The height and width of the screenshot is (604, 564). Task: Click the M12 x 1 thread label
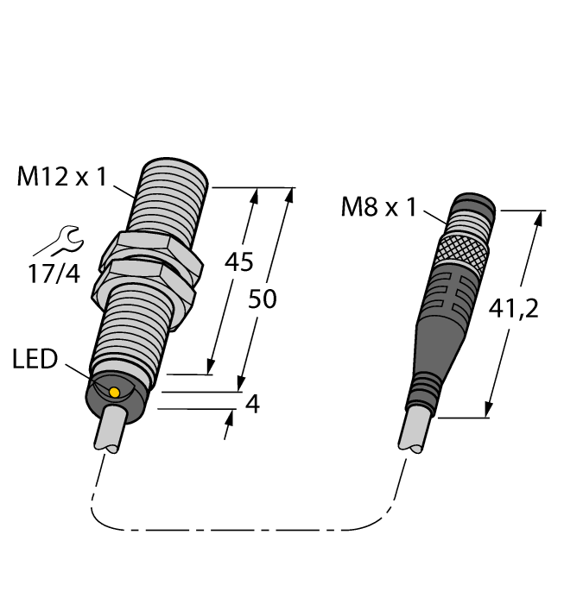61,178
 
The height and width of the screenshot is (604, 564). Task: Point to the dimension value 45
238,261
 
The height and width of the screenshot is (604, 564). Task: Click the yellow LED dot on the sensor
115,393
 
